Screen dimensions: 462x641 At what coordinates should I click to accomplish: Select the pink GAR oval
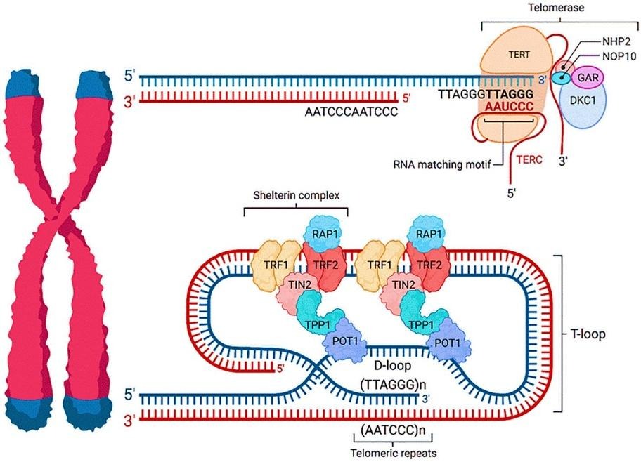click(x=588, y=77)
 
